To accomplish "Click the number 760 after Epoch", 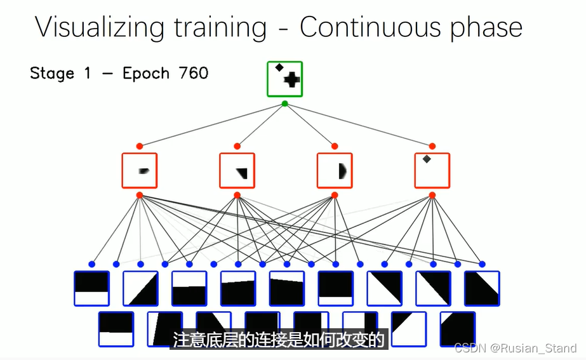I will pyautogui.click(x=194, y=74).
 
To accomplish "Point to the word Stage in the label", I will pyautogui.click(x=52, y=74).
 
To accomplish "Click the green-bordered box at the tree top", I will pyautogui.click(x=284, y=79).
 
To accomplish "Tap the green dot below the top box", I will pyautogui.click(x=284, y=103).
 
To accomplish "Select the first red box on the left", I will pyautogui.click(x=140, y=170).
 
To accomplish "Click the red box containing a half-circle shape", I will pyautogui.click(x=335, y=170).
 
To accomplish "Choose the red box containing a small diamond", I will pyautogui.click(x=432, y=170).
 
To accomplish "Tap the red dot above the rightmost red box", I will pyautogui.click(x=432, y=146).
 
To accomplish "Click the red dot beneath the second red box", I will pyautogui.click(x=237, y=196).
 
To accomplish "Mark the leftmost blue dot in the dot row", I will pyautogui.click(x=91, y=264).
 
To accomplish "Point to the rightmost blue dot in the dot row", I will pyautogui.click(x=482, y=264).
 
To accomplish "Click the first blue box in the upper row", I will pyautogui.click(x=91, y=289).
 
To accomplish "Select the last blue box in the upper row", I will pyautogui.click(x=482, y=289).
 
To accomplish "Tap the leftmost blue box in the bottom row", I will pyautogui.click(x=116, y=329).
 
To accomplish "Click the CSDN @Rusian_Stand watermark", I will pyautogui.click(x=516, y=348).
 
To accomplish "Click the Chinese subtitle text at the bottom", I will pyautogui.click(x=279, y=340).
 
